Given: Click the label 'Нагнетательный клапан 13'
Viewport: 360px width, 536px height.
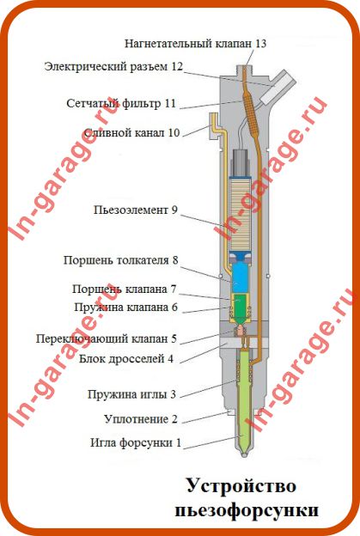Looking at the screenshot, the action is [x=195, y=44].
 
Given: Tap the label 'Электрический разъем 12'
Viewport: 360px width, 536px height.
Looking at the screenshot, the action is [x=113, y=66].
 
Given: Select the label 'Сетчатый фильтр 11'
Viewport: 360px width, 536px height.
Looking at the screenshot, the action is [x=121, y=103].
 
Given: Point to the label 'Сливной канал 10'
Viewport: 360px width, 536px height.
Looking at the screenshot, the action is [x=131, y=132].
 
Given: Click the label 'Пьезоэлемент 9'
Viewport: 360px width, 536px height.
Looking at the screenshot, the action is [x=136, y=210].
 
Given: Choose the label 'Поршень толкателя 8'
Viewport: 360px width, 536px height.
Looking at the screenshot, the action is [x=120, y=260].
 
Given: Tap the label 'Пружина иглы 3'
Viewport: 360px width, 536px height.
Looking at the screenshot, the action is [x=131, y=394].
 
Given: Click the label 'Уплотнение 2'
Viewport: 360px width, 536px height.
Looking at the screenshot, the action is [x=141, y=419].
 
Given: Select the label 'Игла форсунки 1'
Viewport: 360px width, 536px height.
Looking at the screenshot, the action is [x=136, y=442].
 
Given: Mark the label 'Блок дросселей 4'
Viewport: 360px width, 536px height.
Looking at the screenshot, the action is [x=126, y=359].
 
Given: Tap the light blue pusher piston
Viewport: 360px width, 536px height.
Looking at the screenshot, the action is [x=240, y=277].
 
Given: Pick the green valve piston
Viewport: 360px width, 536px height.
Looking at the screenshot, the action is [x=241, y=305].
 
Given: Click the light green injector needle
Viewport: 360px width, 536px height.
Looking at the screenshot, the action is [x=244, y=400].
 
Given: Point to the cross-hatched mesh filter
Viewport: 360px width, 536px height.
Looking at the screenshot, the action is [x=250, y=113].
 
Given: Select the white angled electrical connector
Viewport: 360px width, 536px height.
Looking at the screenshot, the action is [x=278, y=86].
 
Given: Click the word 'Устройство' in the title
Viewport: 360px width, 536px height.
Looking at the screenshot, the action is [x=241, y=485].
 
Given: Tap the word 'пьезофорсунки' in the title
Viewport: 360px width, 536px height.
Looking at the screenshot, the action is [x=247, y=510].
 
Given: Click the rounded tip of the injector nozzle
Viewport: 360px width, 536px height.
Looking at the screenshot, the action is [x=243, y=454].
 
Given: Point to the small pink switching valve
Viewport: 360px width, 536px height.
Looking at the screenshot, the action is [x=240, y=330].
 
